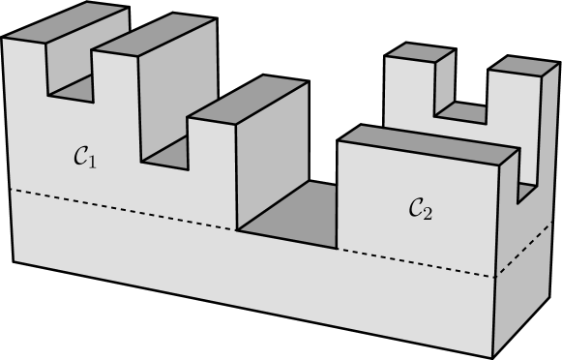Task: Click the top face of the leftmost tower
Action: click(x=65, y=23)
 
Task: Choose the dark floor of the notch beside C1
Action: click(x=166, y=153)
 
